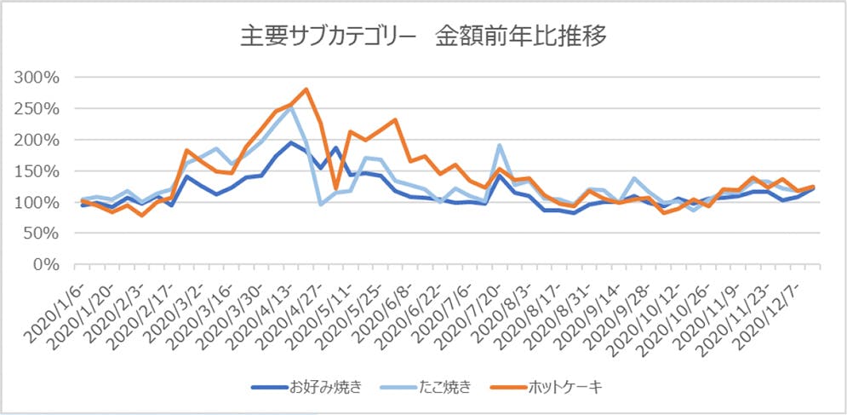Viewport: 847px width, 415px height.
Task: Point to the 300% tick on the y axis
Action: click(37, 78)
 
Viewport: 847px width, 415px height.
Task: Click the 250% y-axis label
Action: click(37, 109)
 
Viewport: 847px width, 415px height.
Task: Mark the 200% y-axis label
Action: click(37, 140)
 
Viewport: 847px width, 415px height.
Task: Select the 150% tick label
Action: click(37, 171)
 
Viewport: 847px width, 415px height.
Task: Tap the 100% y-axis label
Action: click(37, 203)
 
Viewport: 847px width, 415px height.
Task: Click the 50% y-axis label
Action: click(40, 233)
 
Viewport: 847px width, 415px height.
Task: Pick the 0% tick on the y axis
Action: click(43, 265)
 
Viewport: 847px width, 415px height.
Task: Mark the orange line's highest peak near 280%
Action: click(306, 89)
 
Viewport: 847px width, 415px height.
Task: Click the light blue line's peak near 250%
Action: click(290, 107)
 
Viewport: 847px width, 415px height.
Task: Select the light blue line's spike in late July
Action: click(499, 145)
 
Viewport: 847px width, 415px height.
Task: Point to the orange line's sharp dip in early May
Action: click(335, 187)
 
